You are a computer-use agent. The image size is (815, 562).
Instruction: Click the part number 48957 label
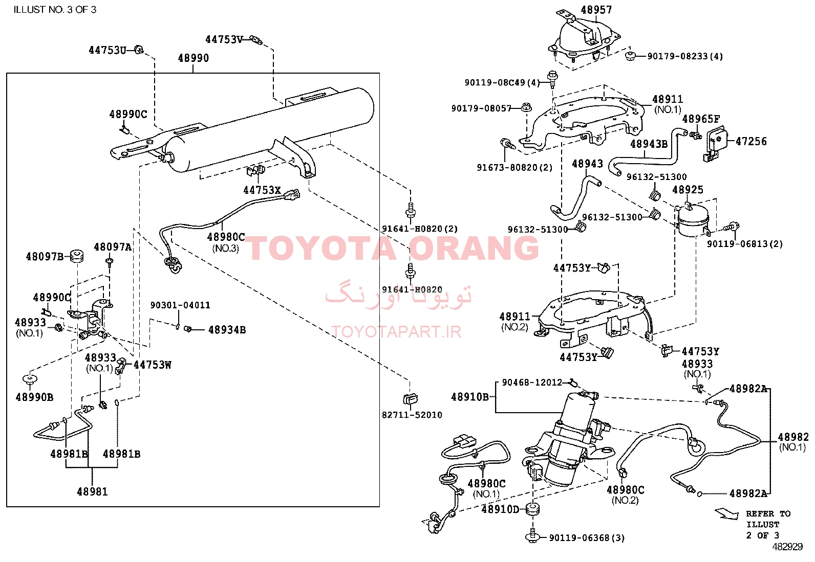pos(596,9)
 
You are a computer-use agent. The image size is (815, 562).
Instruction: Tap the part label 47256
pos(751,141)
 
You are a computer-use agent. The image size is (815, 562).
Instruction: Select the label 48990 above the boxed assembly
pos(193,58)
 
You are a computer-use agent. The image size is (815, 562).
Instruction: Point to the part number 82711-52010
pos(412,415)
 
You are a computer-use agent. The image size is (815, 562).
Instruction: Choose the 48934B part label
pos(227,330)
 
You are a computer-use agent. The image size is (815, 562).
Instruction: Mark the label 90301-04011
pos(180,305)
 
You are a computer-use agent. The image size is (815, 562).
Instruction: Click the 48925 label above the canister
pos(688,189)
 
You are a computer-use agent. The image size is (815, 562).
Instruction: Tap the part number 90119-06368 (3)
pos(587,537)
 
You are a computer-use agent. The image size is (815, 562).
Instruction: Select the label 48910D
pos(500,509)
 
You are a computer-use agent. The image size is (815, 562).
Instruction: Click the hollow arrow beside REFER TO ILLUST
pos(726,514)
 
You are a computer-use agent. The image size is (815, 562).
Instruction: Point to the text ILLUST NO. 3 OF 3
pos(55,9)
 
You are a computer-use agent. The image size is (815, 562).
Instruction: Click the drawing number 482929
pos(787,547)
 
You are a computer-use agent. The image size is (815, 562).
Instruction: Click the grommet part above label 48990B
pos(30,379)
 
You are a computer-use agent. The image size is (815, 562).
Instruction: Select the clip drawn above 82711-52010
pos(410,398)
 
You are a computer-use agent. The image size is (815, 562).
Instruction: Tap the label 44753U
pos(108,50)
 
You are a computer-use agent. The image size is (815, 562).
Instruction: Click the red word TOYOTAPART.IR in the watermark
pos(396,331)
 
